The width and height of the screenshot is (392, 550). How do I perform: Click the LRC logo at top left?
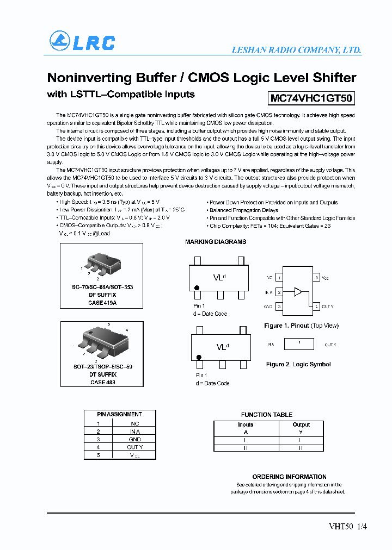[82, 42]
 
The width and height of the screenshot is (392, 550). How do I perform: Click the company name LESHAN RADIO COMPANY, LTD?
[297, 50]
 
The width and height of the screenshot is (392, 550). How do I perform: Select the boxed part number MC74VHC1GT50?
[311, 98]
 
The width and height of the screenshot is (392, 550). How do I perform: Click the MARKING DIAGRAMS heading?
[216, 242]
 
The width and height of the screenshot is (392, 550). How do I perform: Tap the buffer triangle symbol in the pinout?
[297, 292]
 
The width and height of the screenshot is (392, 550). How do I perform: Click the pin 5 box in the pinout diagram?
[316, 278]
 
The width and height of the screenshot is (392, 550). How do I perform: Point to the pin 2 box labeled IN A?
[279, 292]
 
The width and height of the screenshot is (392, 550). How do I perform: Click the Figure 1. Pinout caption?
[301, 326]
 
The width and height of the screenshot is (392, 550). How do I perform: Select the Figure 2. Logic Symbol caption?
[298, 364]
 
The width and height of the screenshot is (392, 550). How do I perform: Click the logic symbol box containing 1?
[299, 344]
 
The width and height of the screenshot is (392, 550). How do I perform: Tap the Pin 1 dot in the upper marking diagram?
[197, 287]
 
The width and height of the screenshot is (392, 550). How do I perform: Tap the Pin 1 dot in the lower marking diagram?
[199, 357]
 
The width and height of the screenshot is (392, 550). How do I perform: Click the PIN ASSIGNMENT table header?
[119, 414]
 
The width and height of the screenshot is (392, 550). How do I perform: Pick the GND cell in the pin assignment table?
[135, 439]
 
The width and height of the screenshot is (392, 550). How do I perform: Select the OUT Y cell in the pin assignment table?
[135, 447]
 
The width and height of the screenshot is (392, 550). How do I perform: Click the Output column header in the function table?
[301, 425]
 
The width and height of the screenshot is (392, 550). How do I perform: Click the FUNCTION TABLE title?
[267, 415]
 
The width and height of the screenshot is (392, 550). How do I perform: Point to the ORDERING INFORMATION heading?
[289, 477]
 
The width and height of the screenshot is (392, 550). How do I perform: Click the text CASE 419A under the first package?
[102, 303]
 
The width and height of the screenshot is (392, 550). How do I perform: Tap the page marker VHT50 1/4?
[344, 526]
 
